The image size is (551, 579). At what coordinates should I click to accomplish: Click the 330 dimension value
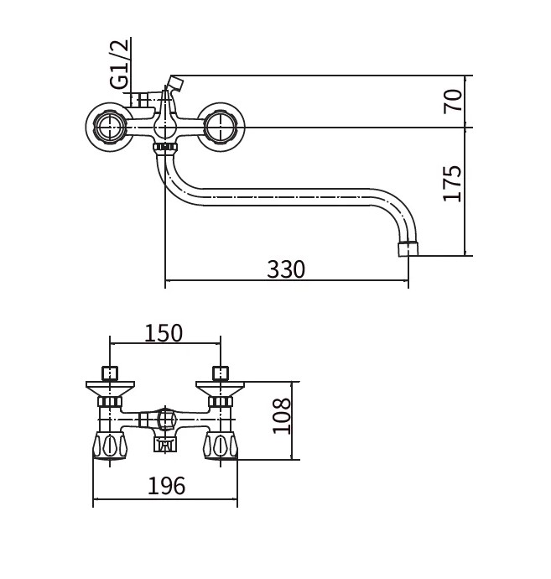286,269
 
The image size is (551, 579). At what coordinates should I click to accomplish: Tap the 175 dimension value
453,183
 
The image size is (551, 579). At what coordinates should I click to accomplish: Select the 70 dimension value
453,101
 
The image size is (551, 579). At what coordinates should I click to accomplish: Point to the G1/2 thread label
119,64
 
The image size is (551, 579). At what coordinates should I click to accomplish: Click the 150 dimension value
164,332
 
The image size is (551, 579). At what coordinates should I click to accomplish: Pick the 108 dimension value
282,415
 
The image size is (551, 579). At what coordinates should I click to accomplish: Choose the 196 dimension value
166,486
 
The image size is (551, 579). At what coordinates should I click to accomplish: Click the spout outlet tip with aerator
408,249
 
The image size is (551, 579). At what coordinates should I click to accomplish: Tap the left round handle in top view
110,127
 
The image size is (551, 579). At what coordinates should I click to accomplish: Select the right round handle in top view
221,127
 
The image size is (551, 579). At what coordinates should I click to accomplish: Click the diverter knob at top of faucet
175,83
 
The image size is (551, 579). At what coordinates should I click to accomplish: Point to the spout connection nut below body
165,148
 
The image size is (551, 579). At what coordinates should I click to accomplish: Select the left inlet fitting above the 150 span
110,373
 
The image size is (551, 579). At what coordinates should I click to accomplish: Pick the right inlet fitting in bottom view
221,373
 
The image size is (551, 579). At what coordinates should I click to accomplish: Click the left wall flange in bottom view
110,389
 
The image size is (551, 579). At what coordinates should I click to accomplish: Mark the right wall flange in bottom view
221,389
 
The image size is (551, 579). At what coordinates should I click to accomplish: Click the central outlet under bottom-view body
165,444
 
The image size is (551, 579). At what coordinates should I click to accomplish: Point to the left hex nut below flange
110,401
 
